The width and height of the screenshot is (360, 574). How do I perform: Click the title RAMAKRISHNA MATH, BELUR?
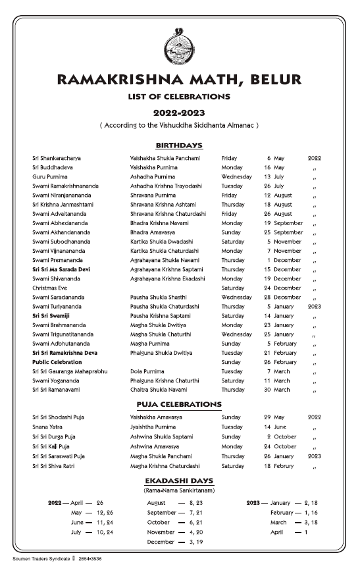click(179, 80)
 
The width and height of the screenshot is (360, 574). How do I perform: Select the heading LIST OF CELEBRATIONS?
click(179, 97)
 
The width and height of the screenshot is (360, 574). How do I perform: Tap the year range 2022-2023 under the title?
click(179, 113)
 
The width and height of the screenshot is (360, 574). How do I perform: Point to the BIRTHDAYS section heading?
click(179, 145)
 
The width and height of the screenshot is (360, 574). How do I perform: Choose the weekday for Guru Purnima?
click(236, 177)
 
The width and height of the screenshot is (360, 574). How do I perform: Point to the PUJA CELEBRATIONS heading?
click(179, 404)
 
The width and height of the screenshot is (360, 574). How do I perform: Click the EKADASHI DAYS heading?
click(179, 481)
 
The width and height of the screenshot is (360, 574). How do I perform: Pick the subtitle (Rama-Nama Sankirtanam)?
click(179, 490)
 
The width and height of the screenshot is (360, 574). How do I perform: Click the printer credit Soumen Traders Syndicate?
click(41, 558)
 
